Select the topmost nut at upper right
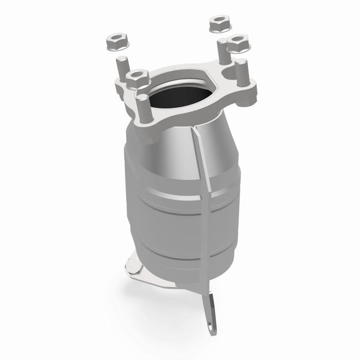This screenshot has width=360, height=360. tap(219, 23)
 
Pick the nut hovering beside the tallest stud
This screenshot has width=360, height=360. tap(237, 44)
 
